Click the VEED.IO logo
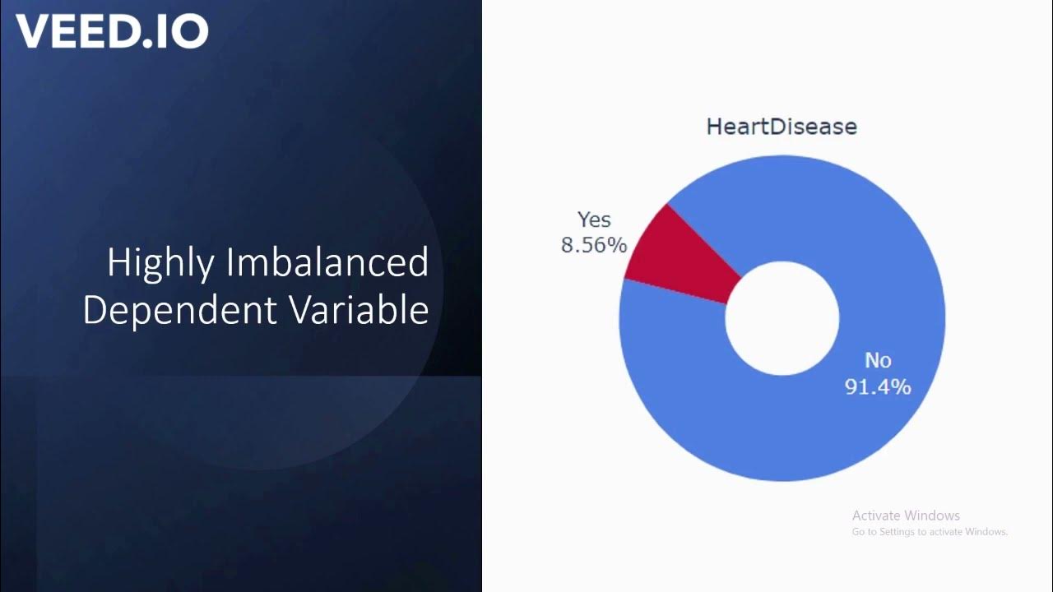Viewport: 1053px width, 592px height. tap(112, 30)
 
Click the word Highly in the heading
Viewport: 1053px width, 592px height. tap(160, 263)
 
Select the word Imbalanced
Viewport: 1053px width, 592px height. tap(327, 263)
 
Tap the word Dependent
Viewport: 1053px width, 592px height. tap(179, 310)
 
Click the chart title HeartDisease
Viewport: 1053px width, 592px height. tap(782, 127)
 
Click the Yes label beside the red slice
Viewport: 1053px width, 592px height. tap(594, 220)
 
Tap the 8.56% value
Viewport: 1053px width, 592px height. tap(594, 245)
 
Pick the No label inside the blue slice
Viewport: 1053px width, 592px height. tap(878, 361)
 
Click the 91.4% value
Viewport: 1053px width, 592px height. tap(878, 386)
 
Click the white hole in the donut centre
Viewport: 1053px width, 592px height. tap(782, 317)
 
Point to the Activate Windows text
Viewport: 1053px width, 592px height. tap(906, 516)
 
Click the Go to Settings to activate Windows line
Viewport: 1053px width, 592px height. tap(930, 532)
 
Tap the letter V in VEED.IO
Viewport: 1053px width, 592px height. tap(31, 31)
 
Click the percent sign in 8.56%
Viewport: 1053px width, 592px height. tap(618, 245)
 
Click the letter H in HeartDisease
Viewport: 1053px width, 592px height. tap(714, 127)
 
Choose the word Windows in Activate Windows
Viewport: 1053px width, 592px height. tap(932, 516)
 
